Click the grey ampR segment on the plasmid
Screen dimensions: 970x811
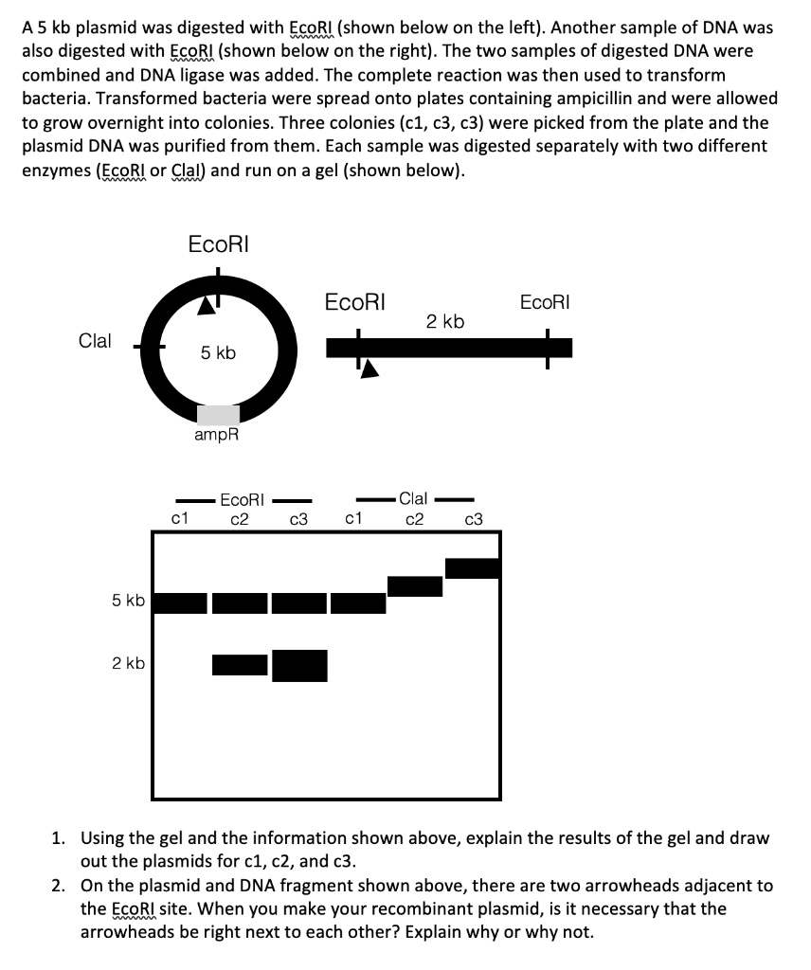coord(218,414)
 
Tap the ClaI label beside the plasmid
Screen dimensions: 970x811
coord(95,341)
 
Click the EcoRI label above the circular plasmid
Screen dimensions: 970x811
coord(218,243)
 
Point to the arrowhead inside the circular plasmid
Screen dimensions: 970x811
coord(206,305)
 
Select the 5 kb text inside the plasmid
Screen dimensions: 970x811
coord(218,353)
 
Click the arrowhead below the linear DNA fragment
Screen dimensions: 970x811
coord(370,368)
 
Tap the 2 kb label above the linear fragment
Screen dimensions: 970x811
coord(444,322)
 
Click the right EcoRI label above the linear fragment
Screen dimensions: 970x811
coord(546,303)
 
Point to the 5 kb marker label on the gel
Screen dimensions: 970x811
coord(128,601)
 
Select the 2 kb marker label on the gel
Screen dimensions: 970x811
coord(128,663)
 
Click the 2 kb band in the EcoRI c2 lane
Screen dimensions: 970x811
coord(240,665)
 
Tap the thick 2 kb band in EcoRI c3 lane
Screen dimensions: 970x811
coord(299,665)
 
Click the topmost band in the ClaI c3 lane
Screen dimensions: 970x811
coord(472,568)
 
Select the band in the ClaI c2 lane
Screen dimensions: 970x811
coord(415,586)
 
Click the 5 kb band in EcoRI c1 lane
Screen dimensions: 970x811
coord(180,602)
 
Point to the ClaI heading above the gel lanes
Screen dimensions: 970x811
coord(414,498)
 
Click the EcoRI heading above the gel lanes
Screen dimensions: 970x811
coord(242,498)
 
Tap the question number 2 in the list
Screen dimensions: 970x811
coord(59,887)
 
